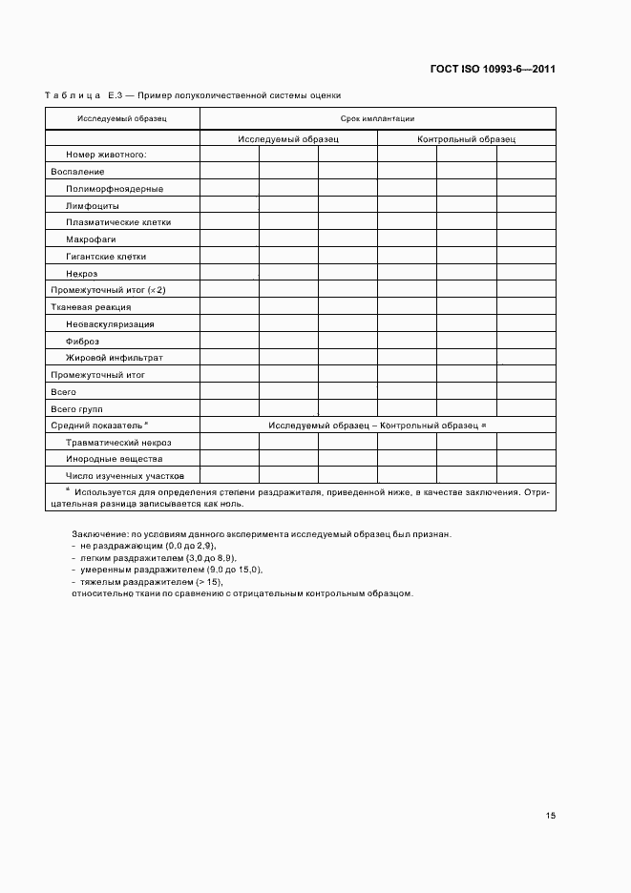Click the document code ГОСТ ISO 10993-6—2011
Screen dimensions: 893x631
[494, 69]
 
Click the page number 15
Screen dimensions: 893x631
[551, 816]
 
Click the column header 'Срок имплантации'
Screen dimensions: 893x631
[377, 119]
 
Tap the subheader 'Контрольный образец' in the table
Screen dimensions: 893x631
[466, 139]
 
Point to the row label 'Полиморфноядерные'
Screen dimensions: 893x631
[115, 189]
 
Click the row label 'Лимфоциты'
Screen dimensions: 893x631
[93, 206]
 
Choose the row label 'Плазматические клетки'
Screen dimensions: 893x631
[118, 222]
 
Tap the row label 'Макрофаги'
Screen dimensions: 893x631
[92, 239]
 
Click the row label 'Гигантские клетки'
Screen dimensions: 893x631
[106, 257]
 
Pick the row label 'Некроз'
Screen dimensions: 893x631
[82, 274]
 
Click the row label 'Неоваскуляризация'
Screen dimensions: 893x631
[110, 324]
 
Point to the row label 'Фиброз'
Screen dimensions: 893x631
[82, 342]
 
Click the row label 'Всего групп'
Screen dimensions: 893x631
[76, 408]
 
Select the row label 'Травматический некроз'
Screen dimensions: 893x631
[118, 443]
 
